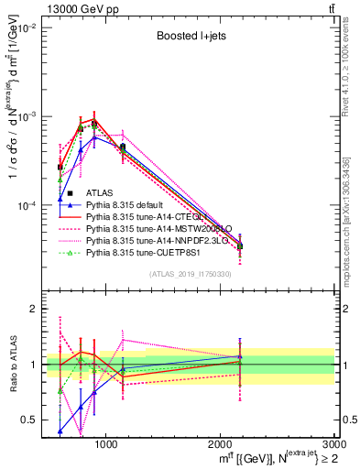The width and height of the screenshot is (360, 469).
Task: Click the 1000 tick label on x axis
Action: click(105, 444)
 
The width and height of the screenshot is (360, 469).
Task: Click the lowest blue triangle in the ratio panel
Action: click(60, 431)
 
